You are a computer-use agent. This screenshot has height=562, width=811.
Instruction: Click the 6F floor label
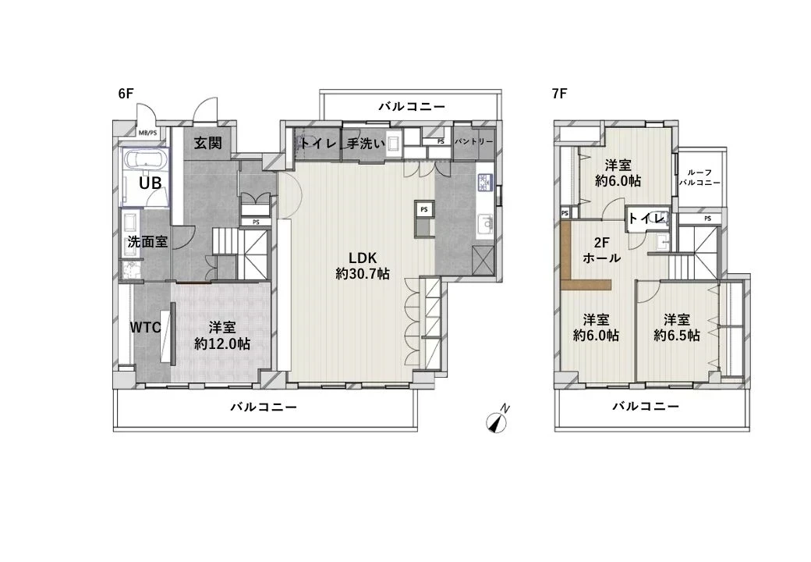tap(126, 94)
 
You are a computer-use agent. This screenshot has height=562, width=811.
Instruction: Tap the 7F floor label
tap(558, 94)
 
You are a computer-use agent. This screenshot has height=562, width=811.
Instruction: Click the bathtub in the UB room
tap(144, 163)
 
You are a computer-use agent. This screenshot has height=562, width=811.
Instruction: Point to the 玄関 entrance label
tap(208, 144)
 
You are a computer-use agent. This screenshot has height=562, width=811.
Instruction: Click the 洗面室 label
tap(147, 242)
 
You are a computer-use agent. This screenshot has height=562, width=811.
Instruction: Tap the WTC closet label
tap(145, 328)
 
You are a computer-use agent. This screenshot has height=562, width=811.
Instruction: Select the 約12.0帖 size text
tap(222, 343)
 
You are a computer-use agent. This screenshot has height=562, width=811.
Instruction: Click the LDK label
tap(363, 258)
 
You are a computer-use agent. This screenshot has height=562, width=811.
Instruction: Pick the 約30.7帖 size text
tap(363, 275)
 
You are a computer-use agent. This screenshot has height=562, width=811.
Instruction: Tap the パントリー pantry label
tap(473, 142)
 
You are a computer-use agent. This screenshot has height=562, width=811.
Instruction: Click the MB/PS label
tap(147, 133)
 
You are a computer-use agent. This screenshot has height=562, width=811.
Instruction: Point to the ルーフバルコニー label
tap(699, 177)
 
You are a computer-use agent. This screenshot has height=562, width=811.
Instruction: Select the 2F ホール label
tap(601, 250)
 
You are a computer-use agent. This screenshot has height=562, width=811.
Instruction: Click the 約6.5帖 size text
tap(676, 336)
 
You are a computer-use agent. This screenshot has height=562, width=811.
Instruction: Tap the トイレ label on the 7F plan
tap(646, 218)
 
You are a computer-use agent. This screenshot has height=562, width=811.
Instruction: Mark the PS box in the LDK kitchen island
tap(424, 210)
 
